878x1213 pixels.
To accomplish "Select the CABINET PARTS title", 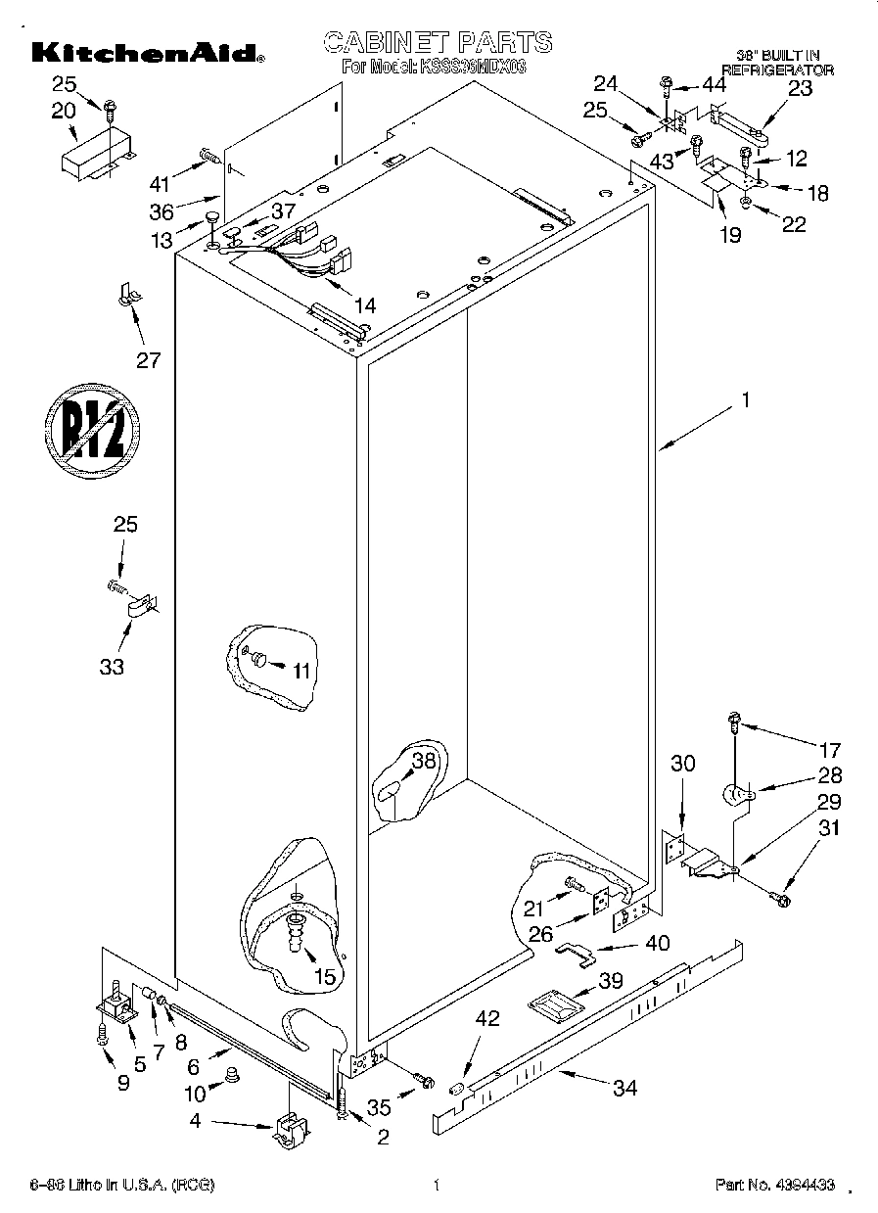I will click(438, 42).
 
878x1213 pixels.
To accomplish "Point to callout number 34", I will click(624, 1088).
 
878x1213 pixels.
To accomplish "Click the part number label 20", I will click(64, 111).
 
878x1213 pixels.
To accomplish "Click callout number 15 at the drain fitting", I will click(324, 975).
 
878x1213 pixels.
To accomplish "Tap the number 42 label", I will click(486, 1018).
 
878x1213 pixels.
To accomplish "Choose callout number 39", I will click(611, 981).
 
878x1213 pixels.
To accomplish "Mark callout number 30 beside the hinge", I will click(682, 763).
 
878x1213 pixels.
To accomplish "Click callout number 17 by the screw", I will click(829, 751).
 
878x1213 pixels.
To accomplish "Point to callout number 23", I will click(800, 88).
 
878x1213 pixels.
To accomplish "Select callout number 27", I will click(148, 359).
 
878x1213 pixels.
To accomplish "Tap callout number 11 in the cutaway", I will click(300, 671).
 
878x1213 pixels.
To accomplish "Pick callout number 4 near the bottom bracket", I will click(195, 1122).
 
